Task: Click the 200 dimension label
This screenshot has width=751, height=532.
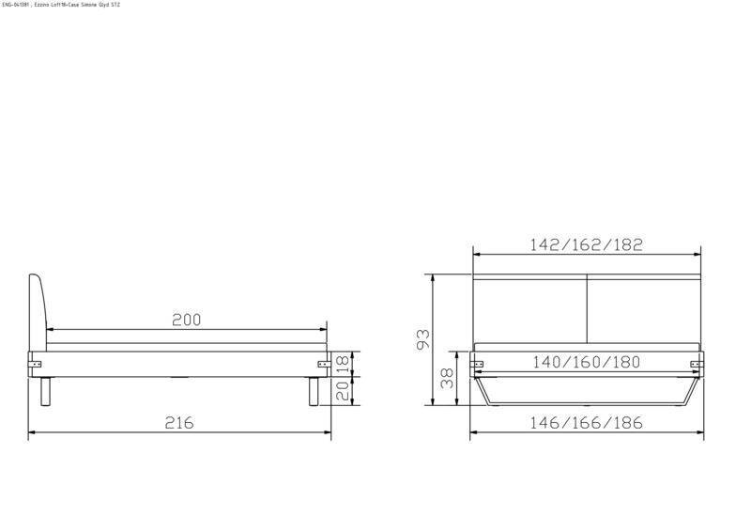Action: click(187, 320)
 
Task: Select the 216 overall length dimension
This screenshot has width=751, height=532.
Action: click(179, 423)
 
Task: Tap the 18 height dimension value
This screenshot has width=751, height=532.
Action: click(344, 362)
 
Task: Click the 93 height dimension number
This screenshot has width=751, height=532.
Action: click(423, 340)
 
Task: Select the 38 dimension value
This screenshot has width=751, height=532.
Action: click(448, 379)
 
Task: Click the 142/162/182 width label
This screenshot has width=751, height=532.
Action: click(586, 244)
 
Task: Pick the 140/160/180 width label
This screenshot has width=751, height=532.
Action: click(586, 362)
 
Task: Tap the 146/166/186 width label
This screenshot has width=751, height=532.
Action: click(586, 423)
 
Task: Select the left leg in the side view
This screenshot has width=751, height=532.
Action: click(44, 391)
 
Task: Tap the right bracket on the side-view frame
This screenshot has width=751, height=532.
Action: click(323, 362)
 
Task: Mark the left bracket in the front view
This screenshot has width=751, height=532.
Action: click(477, 362)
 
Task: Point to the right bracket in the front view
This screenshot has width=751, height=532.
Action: click(696, 363)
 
